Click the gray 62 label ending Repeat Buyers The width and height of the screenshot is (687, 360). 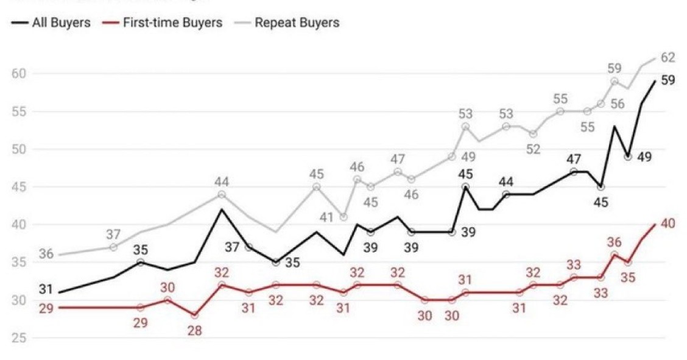tap(668, 58)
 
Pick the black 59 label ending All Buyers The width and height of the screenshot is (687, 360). tap(668, 80)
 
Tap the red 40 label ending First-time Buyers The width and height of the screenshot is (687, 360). tap(668, 224)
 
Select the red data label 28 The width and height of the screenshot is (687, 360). tap(195, 331)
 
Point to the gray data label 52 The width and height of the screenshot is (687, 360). tap(534, 149)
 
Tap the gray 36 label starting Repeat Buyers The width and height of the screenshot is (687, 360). tap(46, 254)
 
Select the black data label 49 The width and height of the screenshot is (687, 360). tap(644, 157)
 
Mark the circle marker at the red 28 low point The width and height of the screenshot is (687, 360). tap(195, 316)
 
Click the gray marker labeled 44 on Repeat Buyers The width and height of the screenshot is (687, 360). tap(222, 194)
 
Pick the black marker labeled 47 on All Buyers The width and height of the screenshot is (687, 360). tap(573, 172)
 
